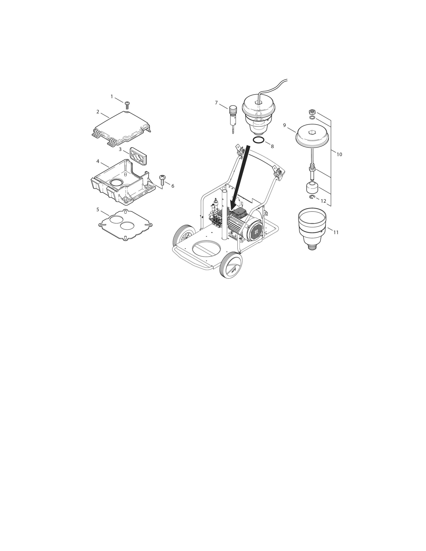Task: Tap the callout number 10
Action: tap(339, 154)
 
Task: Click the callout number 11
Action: tap(336, 232)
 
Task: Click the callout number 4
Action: tap(98, 161)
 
